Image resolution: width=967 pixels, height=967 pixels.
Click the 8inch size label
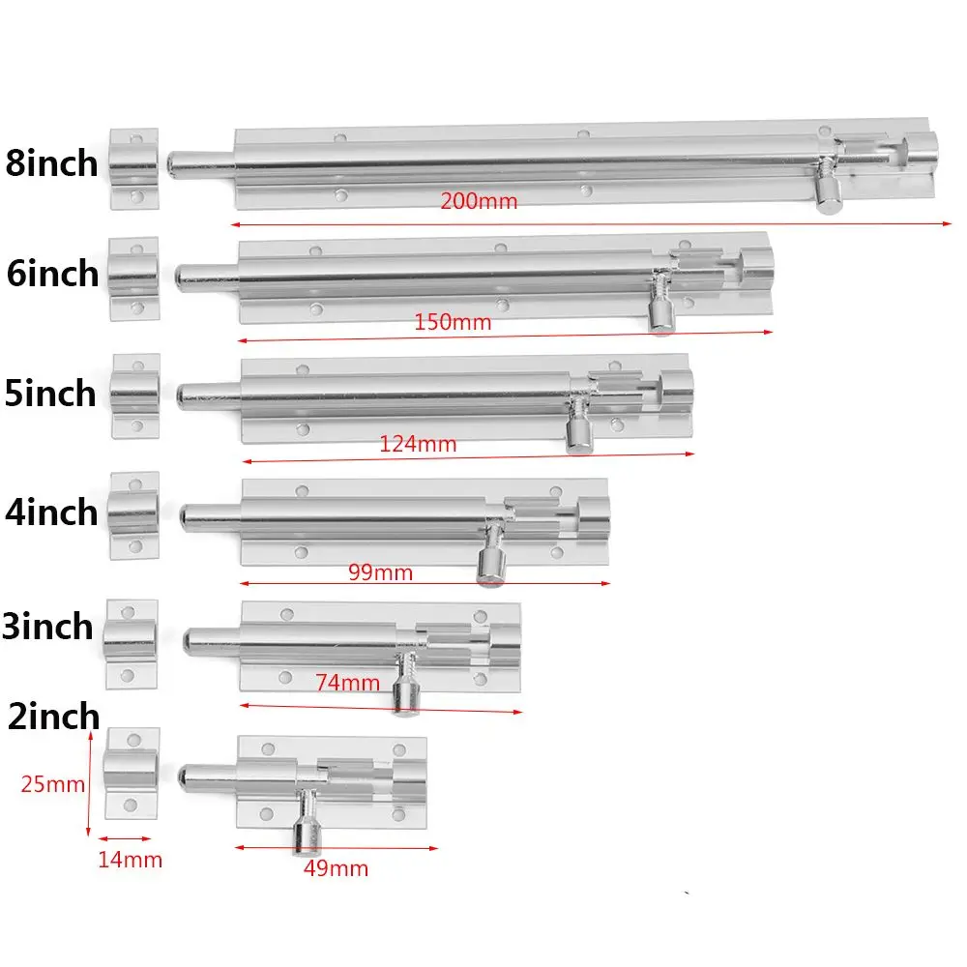tap(51, 162)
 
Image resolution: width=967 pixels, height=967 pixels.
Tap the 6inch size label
tap(53, 274)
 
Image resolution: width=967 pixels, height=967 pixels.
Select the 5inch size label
tap(51, 394)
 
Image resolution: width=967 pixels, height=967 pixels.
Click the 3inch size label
tap(48, 627)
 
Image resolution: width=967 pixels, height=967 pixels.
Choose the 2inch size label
tap(53, 716)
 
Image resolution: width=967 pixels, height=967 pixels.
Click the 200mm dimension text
tap(479, 202)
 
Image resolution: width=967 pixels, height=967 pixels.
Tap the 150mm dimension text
tap(453, 322)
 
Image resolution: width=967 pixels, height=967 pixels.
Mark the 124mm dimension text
tap(418, 445)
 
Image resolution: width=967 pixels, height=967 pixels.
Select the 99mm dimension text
tap(380, 572)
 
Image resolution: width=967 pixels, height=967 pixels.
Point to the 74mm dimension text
tap(347, 683)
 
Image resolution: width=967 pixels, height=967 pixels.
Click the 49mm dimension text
tap(336, 868)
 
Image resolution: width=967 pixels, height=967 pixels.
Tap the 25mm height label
tap(53, 784)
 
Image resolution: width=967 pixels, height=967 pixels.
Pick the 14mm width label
tap(130, 859)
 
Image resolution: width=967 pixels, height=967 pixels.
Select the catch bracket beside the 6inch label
tap(133, 278)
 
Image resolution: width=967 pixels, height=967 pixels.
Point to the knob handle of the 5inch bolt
tap(580, 434)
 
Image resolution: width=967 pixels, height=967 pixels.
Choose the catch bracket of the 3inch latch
tap(131, 643)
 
